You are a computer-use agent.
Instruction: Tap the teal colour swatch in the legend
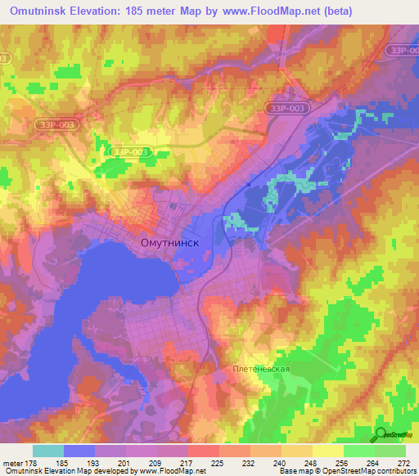pyautogui.click(x=48, y=451)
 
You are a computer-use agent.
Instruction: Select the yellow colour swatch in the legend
pyautogui.click(x=328, y=451)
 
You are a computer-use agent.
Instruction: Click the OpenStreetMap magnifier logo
pyautogui.click(x=381, y=433)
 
